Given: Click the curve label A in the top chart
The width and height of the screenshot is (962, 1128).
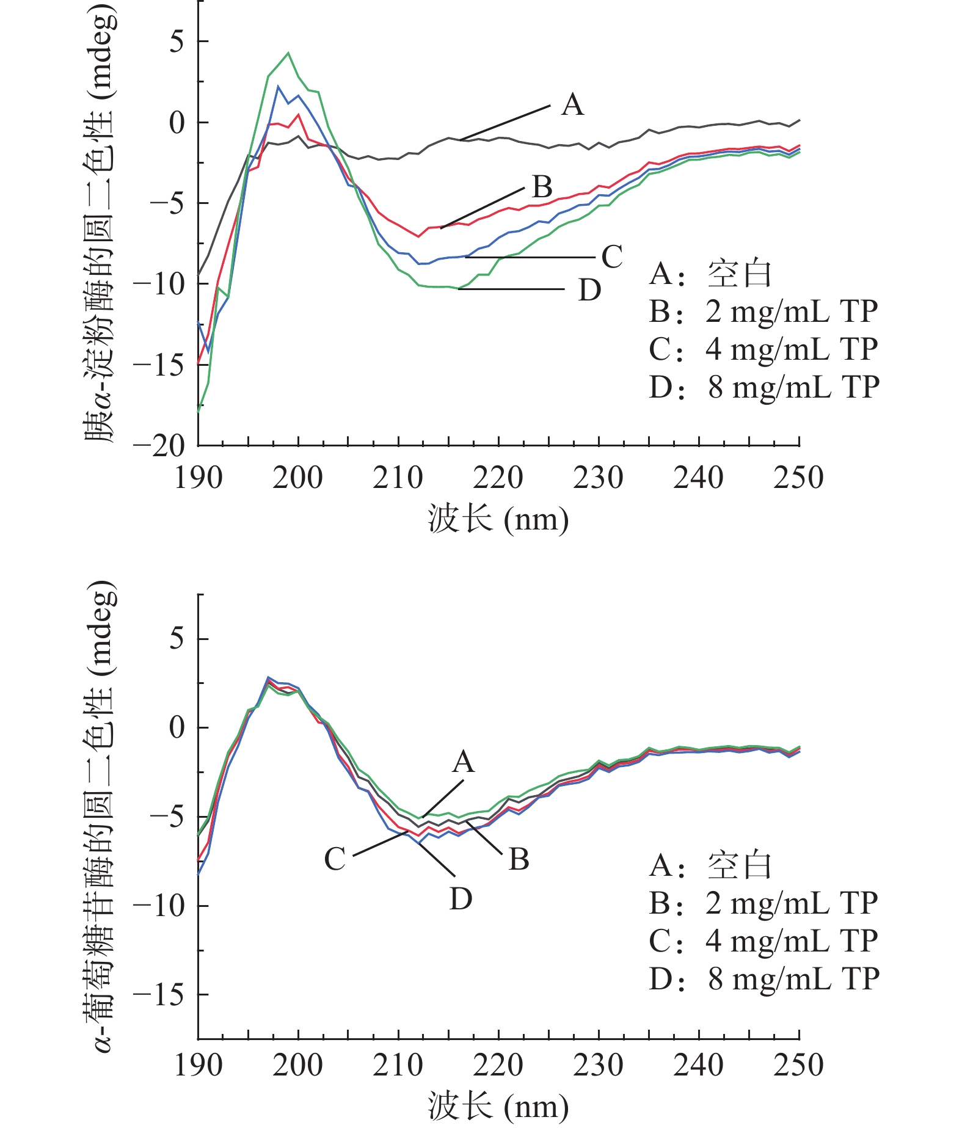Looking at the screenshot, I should pos(572,105).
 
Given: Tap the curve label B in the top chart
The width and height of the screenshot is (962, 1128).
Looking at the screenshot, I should pos(542,187).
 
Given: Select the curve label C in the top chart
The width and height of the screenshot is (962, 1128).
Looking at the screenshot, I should pos(611,257).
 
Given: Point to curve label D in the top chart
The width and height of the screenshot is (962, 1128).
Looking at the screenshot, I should pos(589,290).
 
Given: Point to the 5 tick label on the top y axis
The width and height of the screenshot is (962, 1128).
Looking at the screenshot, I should pos(177,42).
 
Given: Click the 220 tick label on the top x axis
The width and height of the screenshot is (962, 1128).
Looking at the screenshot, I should pos(498,478).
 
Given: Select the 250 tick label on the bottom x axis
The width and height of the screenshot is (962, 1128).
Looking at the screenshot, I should pos(798,1065).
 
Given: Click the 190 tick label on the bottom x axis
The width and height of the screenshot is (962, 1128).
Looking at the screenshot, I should pos(199,1065).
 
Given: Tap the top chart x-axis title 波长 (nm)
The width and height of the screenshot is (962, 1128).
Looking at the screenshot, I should pos(498,520).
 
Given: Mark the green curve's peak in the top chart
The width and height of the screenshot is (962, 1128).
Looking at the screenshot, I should pos(288,53).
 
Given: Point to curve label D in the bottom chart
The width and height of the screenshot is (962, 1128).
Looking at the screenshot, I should pos(461,899).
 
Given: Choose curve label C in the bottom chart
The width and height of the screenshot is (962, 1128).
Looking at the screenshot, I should pos(335,859).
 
